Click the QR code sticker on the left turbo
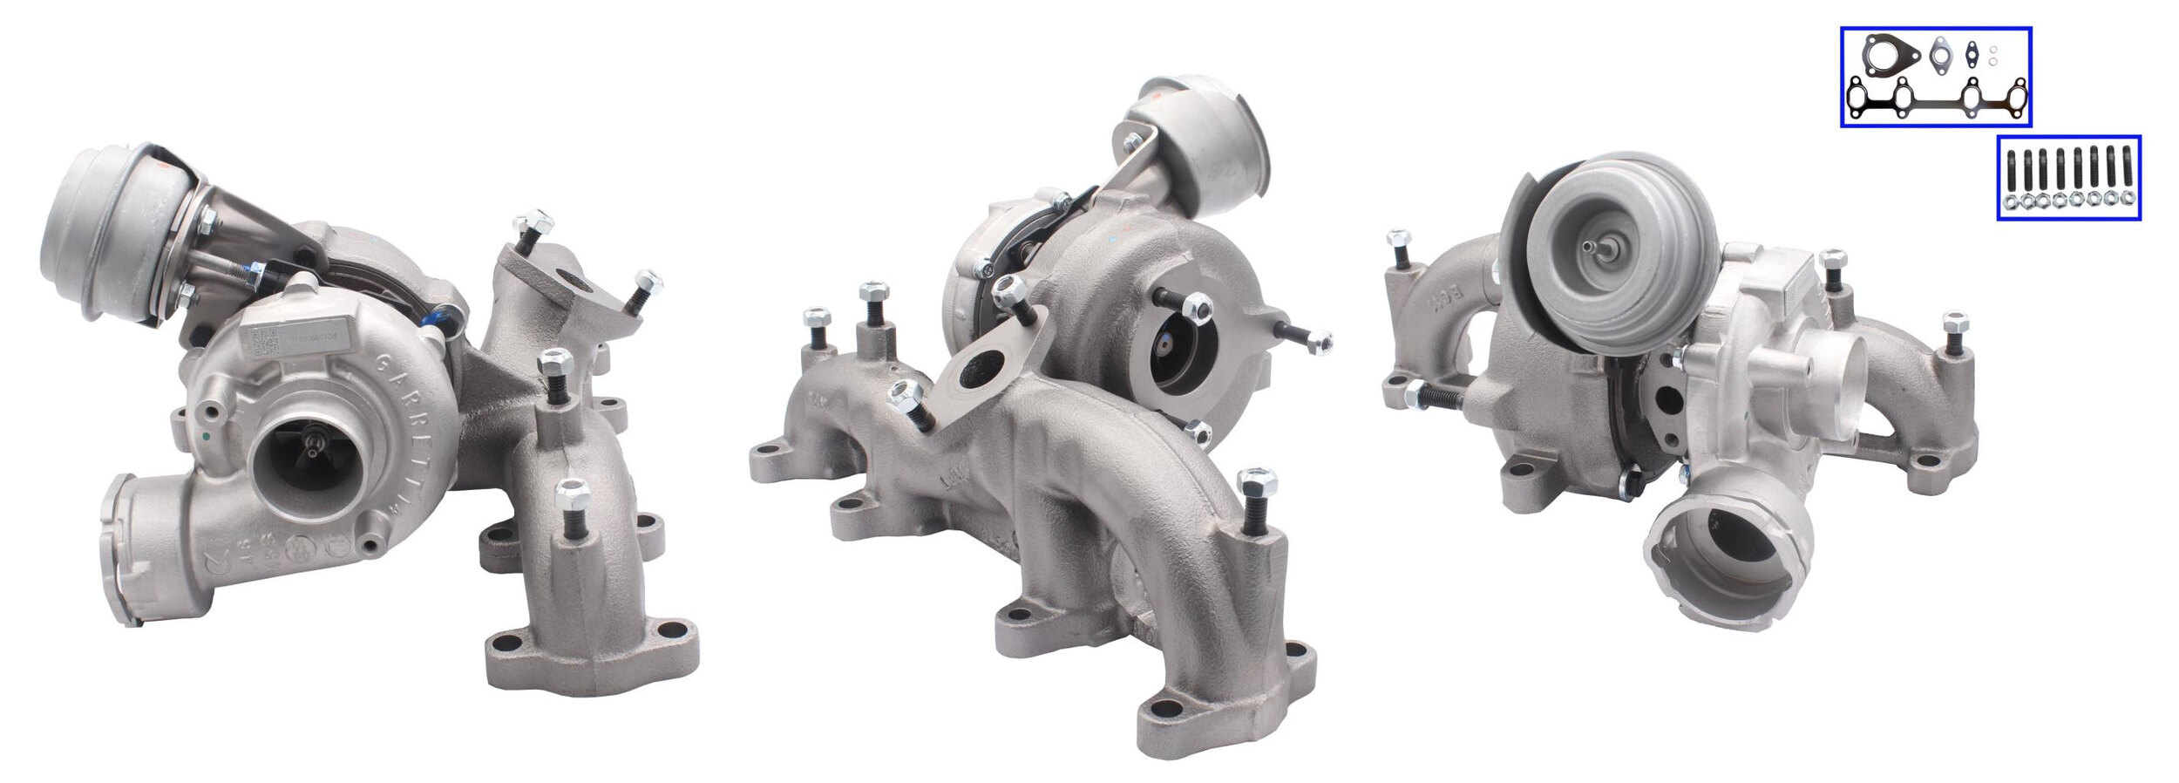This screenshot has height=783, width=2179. tap(262, 344)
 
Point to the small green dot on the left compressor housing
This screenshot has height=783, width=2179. tap(204, 434)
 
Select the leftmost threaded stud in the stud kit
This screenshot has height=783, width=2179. tap(2010, 171)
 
